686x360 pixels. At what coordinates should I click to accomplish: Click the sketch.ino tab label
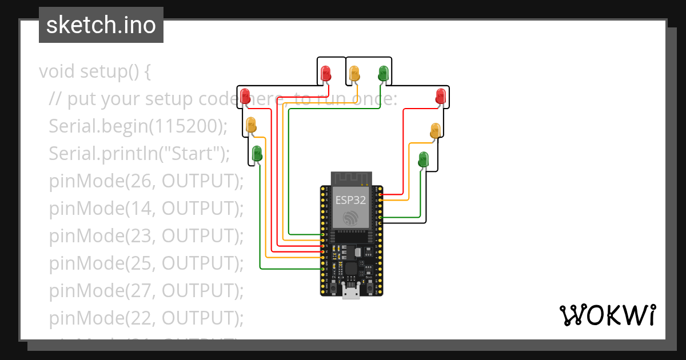pos(101,25)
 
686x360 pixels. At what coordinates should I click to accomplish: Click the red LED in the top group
pos(326,73)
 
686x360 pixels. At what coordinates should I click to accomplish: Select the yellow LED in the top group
pos(354,73)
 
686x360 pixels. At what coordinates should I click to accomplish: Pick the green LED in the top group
pos(383,73)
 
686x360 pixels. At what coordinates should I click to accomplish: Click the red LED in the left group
pos(245,95)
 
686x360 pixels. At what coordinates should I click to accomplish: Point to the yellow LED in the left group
pos(251,125)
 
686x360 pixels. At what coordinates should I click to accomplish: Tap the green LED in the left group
pos(257,153)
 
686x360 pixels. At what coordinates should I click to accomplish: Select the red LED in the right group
pos(440,95)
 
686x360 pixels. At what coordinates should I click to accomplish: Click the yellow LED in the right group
pos(435,130)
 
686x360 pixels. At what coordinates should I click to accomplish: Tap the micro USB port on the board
pos(351,292)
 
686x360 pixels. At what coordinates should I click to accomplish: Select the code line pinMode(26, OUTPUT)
pos(146,181)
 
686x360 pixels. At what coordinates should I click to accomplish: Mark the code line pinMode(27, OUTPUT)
pos(146,290)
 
